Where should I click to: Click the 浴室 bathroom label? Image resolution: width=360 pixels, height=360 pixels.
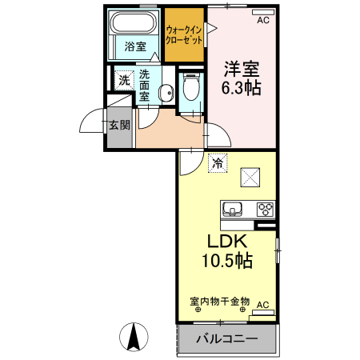click(x=135, y=46)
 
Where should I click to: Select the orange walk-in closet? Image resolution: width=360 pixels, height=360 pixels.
click(x=184, y=34)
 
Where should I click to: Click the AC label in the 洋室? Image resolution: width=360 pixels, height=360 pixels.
click(x=262, y=22)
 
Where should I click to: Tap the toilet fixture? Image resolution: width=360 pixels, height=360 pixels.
click(x=191, y=86)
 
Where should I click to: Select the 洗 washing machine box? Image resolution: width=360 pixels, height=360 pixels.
click(x=123, y=80)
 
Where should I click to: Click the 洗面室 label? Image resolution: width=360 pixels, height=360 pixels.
click(x=145, y=84)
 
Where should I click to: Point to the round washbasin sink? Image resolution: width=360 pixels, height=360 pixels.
click(x=166, y=94)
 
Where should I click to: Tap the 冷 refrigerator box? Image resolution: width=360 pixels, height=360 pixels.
click(x=217, y=164)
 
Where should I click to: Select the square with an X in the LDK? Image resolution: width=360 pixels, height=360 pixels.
click(x=252, y=176)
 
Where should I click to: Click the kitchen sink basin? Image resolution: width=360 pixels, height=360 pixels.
click(x=233, y=210)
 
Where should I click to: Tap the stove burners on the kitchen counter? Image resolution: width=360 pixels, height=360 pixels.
click(x=265, y=210)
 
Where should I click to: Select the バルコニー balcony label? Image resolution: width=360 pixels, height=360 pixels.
click(x=227, y=338)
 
